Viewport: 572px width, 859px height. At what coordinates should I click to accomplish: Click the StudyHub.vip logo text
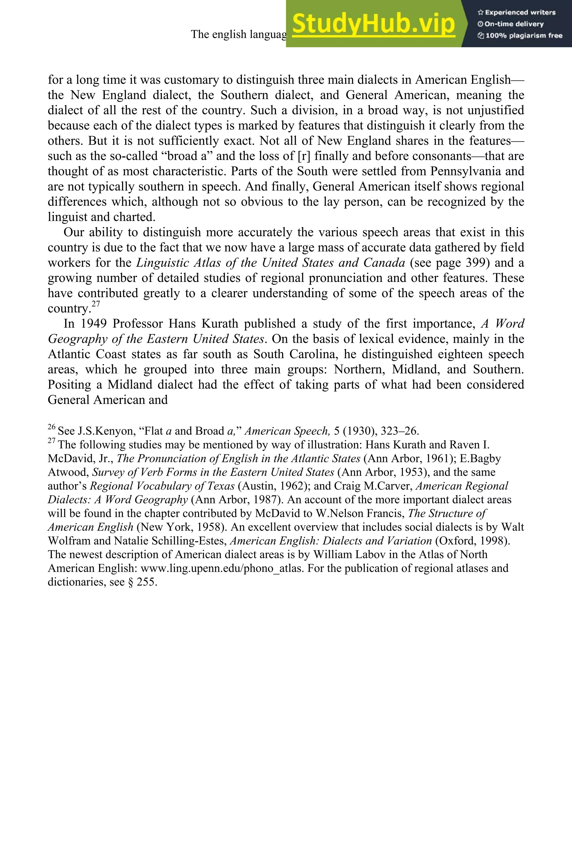tap(373, 24)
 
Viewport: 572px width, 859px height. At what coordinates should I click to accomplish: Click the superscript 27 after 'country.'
tap(96, 304)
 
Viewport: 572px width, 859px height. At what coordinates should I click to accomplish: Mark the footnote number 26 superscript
tap(51, 427)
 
